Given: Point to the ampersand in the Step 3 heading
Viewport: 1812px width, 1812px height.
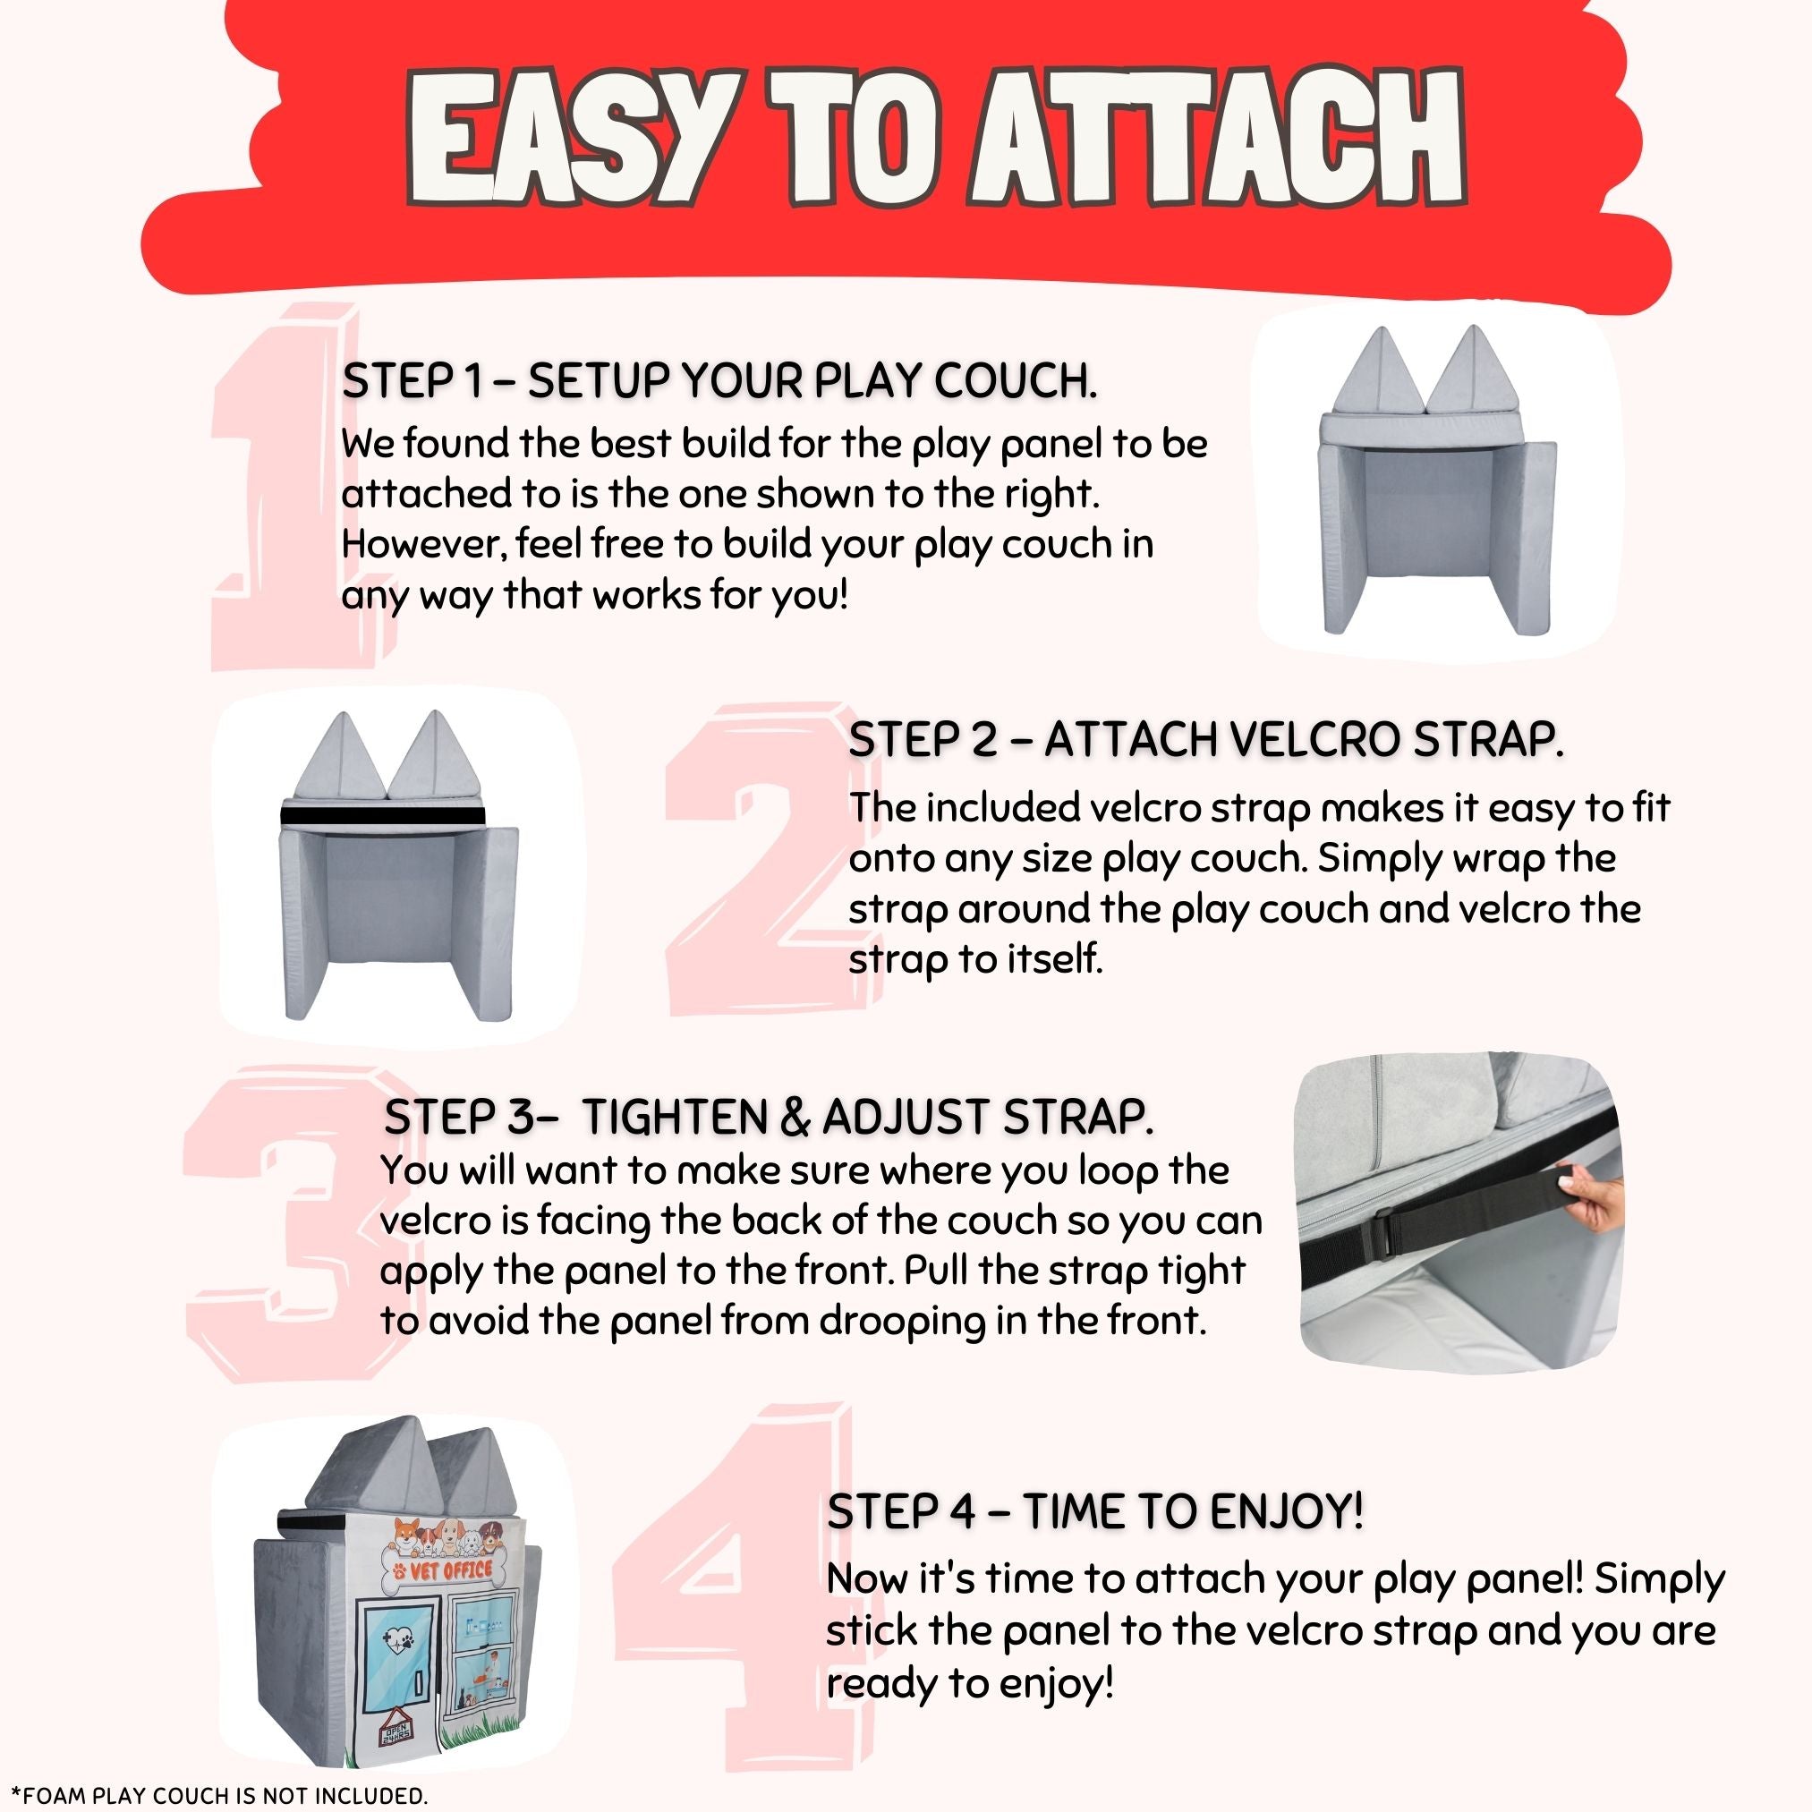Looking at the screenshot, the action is tap(794, 1117).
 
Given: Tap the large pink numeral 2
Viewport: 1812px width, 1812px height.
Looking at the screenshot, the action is tap(760, 858).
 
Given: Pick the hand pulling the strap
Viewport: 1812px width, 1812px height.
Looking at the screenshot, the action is tap(1591, 1200).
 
